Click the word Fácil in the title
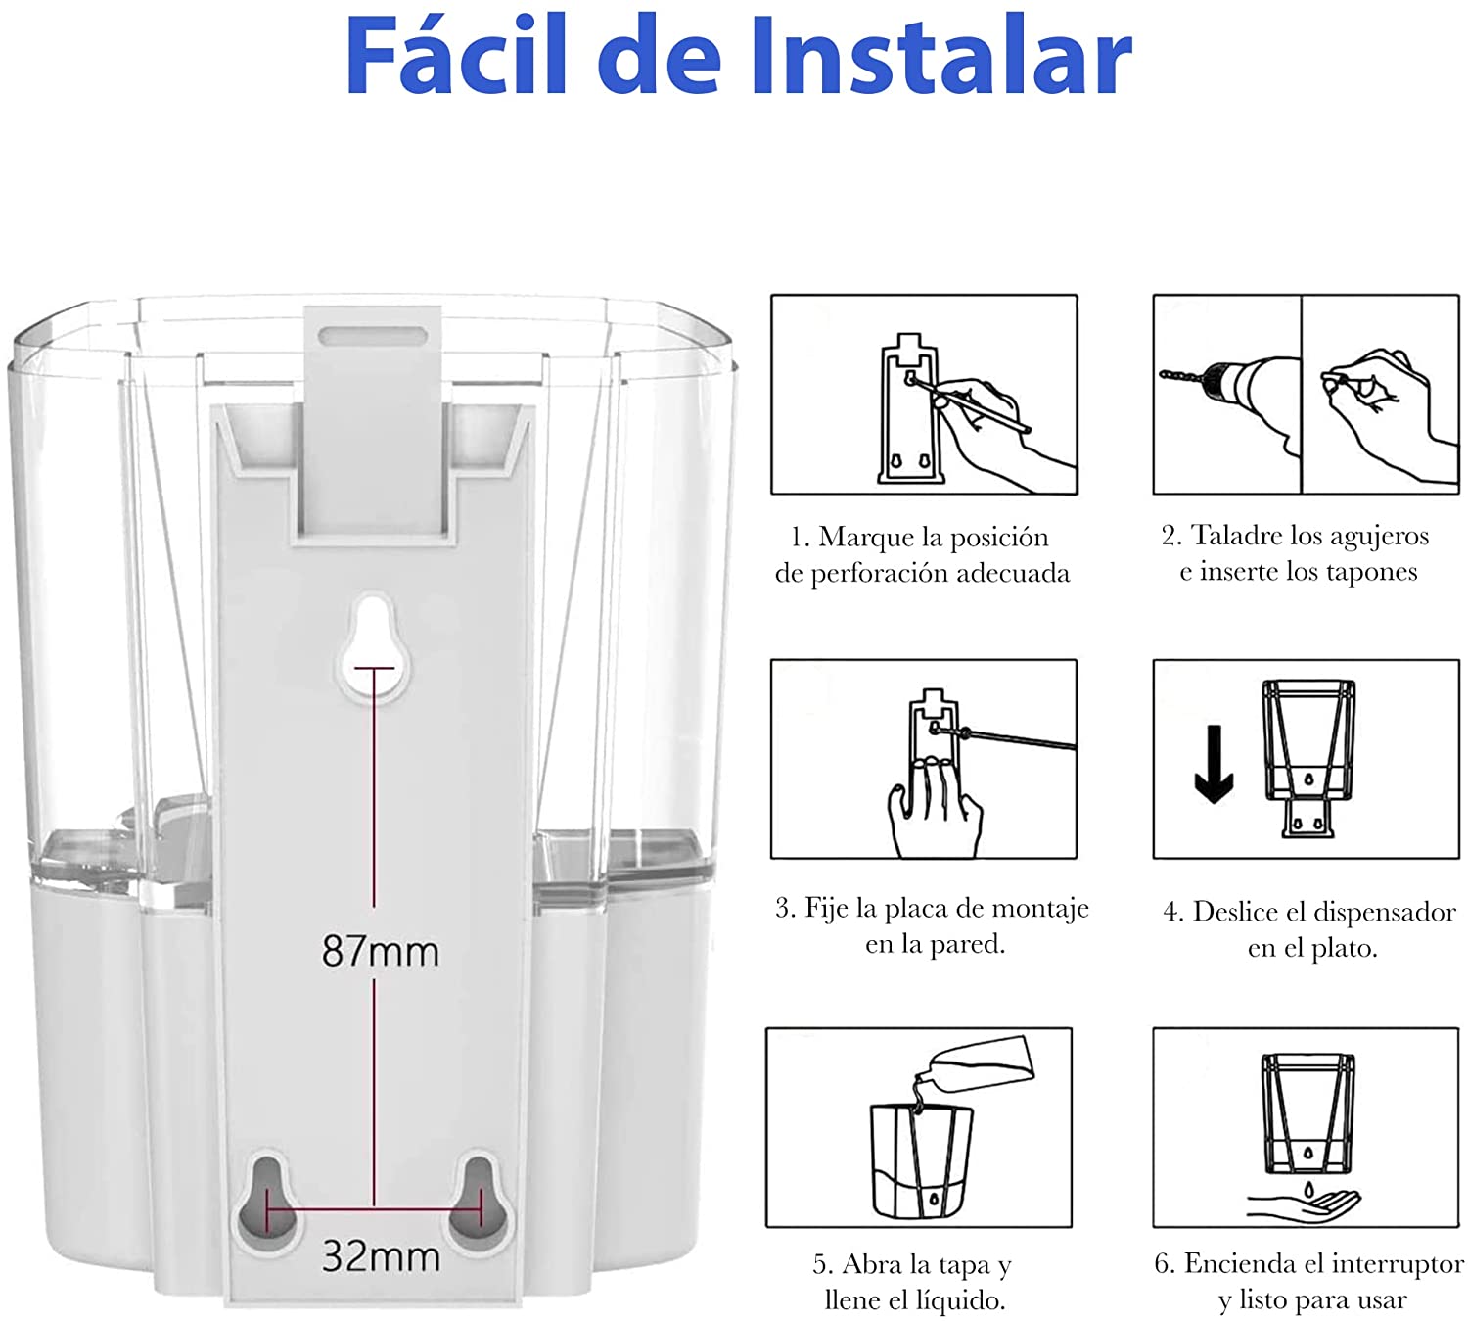click(457, 57)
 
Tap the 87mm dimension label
click(381, 951)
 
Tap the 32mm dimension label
click(381, 1256)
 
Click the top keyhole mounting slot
click(374, 646)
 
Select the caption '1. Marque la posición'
click(920, 537)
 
